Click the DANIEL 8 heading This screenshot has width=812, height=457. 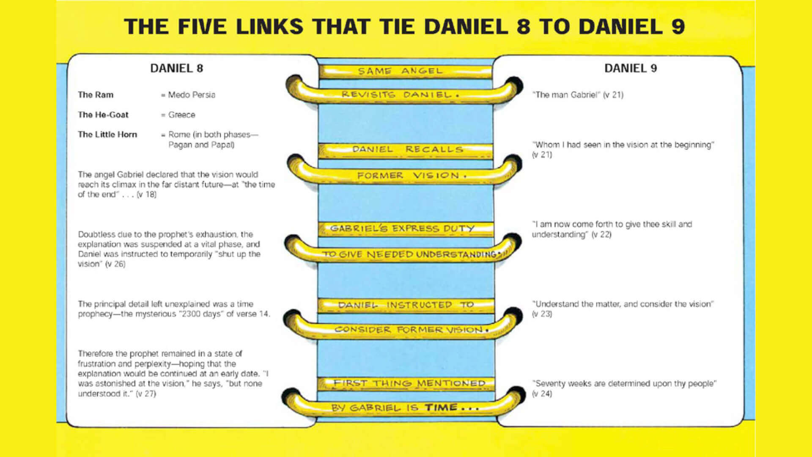click(176, 68)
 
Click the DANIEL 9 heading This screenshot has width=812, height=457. click(630, 68)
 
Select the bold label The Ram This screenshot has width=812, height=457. click(96, 95)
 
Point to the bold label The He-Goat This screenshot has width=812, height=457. click(103, 115)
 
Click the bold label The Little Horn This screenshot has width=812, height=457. click(107, 135)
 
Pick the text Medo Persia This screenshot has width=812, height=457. click(192, 95)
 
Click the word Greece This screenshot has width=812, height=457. click(182, 115)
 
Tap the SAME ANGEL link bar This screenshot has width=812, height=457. click(405, 71)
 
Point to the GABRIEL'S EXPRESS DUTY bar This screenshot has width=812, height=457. click(405, 229)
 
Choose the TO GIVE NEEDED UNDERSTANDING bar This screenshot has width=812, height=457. click(404, 253)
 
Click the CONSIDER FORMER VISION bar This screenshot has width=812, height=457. click(404, 329)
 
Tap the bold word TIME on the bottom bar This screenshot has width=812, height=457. click(441, 407)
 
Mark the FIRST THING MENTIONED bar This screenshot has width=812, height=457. click(406, 383)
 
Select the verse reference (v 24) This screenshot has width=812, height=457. click(542, 394)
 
